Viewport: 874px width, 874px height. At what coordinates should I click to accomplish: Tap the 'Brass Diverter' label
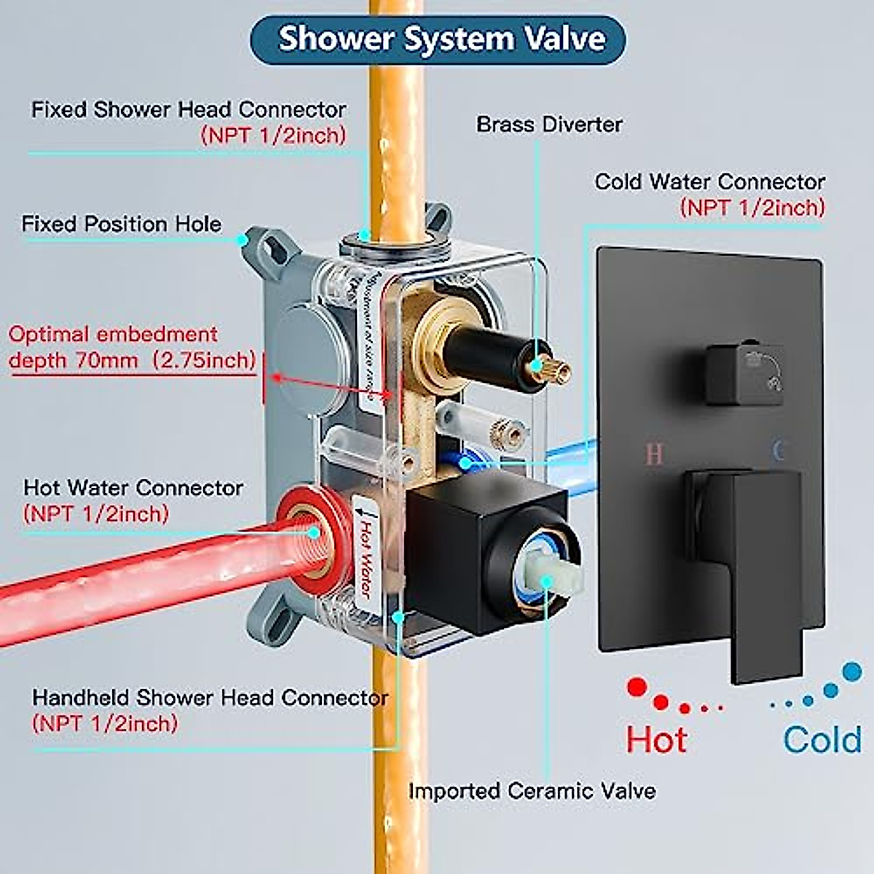549,125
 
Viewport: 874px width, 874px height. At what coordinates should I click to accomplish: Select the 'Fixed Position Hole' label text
121,224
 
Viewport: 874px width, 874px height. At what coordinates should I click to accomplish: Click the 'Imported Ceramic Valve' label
532,791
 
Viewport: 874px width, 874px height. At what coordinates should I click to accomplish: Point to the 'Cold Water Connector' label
709,182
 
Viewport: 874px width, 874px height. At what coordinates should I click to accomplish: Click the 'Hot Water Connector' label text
133,488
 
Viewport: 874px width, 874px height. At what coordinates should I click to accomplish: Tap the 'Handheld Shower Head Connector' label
210,698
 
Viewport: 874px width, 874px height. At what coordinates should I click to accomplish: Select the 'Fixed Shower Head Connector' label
189,110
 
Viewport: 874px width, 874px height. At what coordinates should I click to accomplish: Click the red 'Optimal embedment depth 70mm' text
131,347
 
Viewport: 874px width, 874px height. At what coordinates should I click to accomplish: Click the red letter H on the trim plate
654,454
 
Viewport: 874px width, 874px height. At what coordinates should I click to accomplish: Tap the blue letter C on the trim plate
778,452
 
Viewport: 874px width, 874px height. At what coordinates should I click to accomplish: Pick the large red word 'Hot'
656,740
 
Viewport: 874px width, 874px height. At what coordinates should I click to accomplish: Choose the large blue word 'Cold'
822,740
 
